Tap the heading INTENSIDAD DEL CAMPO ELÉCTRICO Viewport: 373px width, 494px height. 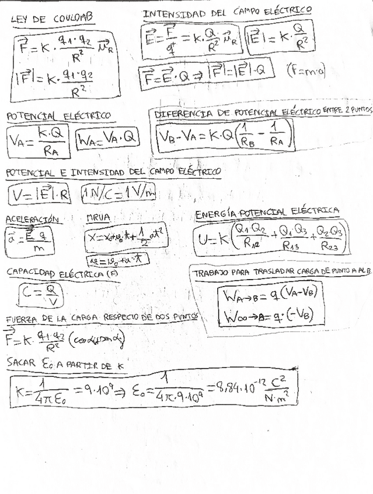point(227,13)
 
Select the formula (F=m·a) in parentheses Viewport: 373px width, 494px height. point(306,71)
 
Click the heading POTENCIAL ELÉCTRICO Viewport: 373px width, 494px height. point(58,116)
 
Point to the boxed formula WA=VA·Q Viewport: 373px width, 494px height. point(109,139)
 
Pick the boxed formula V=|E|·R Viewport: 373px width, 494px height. point(40,195)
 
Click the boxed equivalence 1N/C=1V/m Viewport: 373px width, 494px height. point(118,193)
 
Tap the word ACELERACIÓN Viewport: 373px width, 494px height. point(33,219)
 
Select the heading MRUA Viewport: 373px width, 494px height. point(98,218)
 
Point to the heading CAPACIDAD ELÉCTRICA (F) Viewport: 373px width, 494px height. point(62,273)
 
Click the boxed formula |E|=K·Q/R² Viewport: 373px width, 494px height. point(278,40)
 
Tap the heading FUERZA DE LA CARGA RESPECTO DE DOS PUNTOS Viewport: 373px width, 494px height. point(102,318)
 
